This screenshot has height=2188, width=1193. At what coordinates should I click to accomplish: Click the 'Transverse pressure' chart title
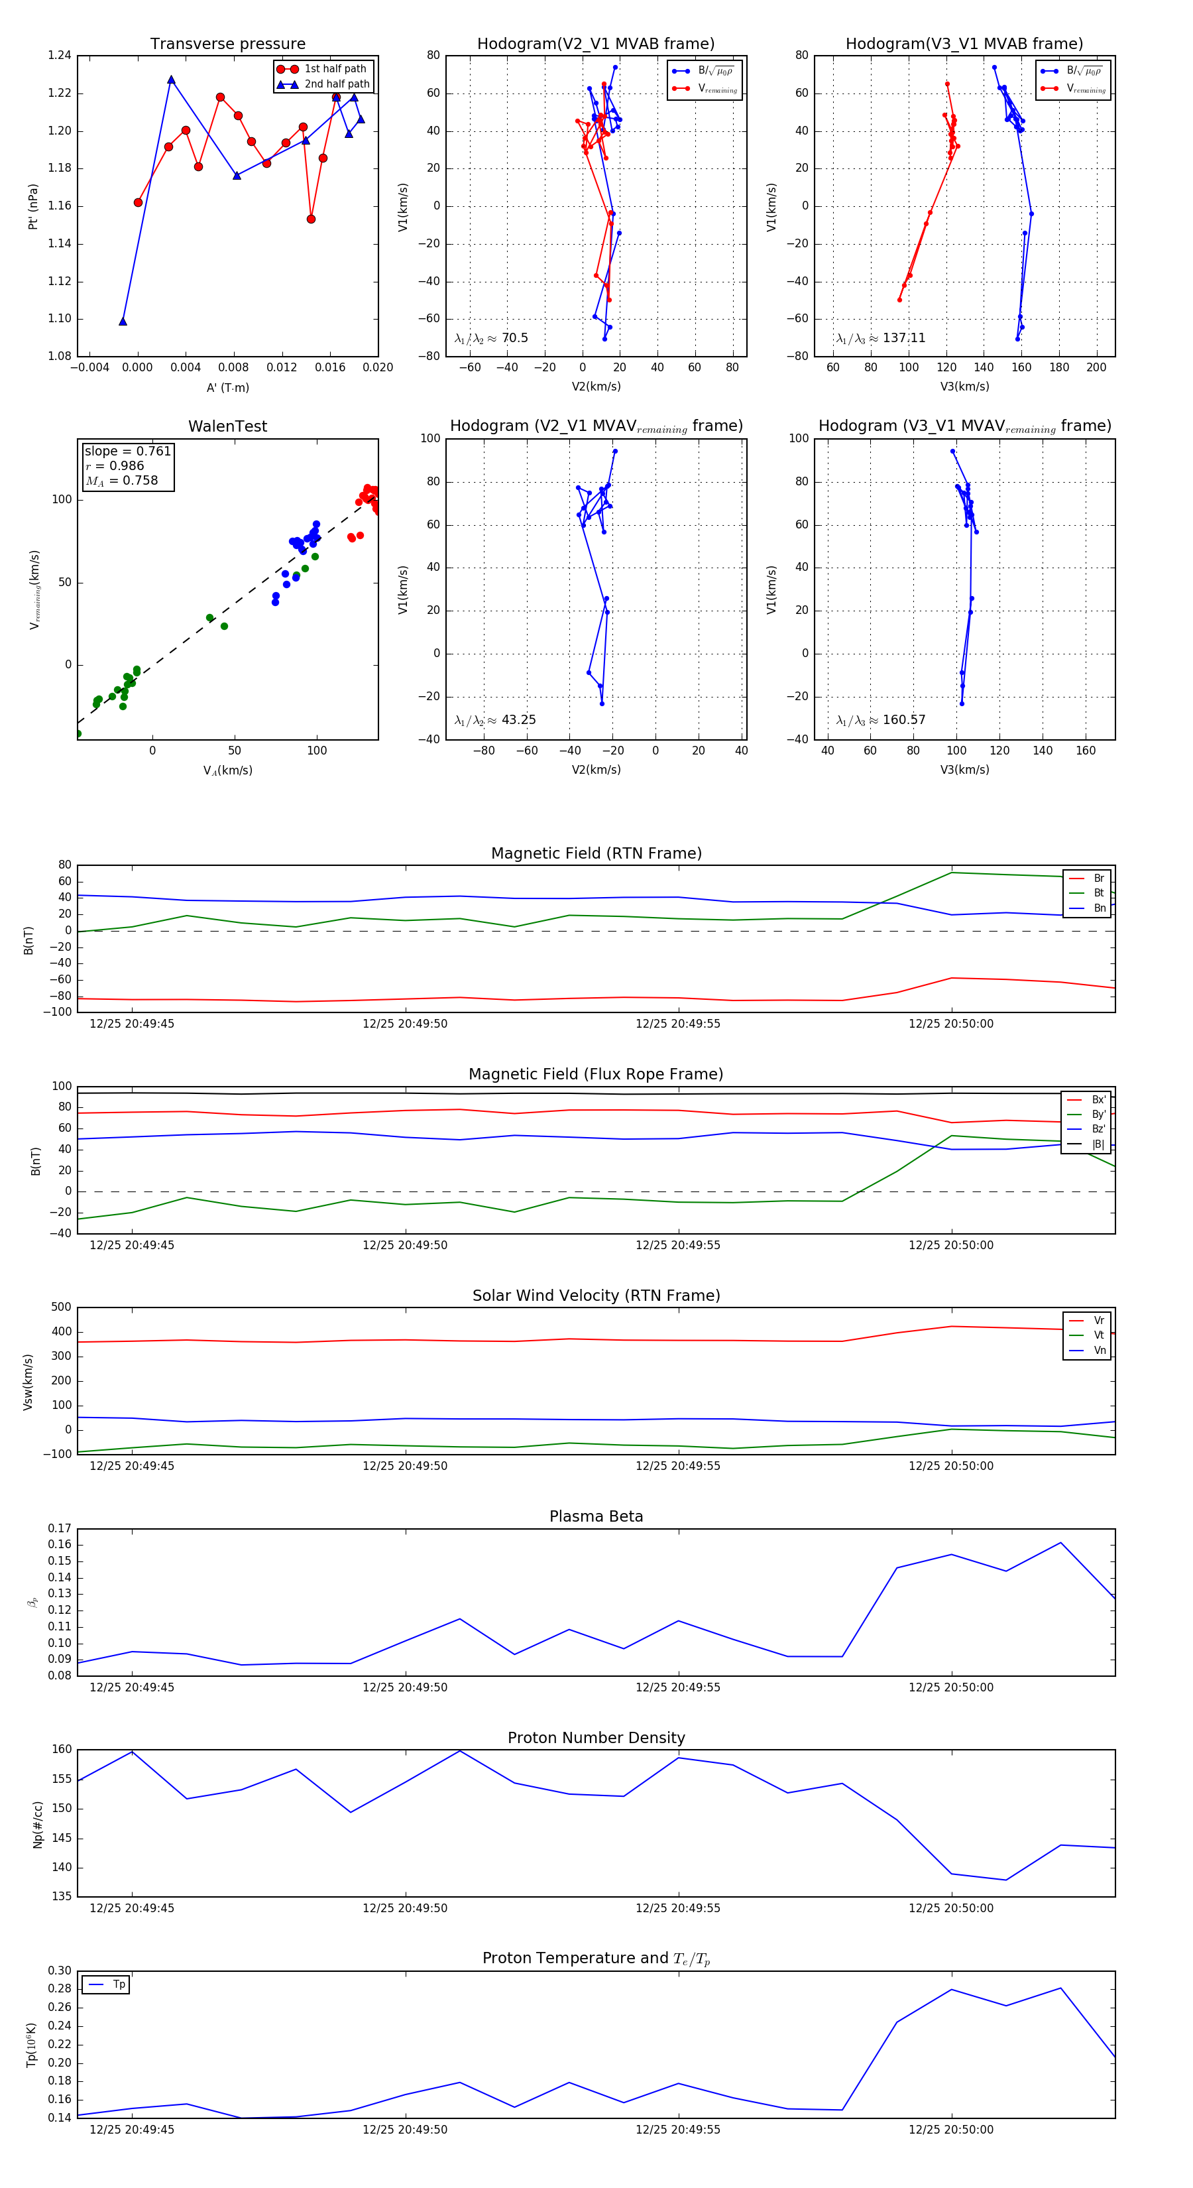227,44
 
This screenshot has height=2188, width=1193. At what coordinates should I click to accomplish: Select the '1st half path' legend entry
335,69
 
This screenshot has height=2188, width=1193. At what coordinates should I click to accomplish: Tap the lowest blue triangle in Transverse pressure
123,321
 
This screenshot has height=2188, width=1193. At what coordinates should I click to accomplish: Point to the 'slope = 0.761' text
127,451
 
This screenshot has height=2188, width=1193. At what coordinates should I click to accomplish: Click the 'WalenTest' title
227,426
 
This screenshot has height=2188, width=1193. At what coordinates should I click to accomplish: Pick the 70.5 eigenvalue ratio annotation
492,338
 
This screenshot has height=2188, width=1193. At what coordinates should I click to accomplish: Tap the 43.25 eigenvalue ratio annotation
495,720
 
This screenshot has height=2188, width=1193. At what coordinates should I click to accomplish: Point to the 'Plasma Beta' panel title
596,1517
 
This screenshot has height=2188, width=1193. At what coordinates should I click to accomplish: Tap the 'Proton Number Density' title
596,1738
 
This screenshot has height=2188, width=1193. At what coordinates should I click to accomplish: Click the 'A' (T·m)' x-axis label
227,388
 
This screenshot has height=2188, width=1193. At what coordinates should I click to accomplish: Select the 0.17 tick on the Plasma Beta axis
60,1529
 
